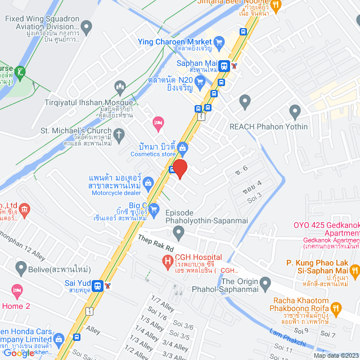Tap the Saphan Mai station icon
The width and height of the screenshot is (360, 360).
[224, 65]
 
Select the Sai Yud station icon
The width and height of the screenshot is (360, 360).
[98, 285]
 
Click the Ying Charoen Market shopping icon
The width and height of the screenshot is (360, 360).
[219, 41]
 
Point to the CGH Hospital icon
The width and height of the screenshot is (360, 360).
[167, 261]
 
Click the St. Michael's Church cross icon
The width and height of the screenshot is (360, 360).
[118, 134]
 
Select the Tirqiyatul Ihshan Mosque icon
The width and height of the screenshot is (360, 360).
[119, 87]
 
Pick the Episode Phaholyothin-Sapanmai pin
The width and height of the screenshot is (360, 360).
[178, 231]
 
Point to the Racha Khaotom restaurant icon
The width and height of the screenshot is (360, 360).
[336, 308]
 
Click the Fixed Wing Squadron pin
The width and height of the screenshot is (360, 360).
[86, 26]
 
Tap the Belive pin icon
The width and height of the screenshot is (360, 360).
[21, 267]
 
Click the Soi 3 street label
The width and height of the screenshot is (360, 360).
[255, 194]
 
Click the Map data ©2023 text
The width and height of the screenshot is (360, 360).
[335, 355]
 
